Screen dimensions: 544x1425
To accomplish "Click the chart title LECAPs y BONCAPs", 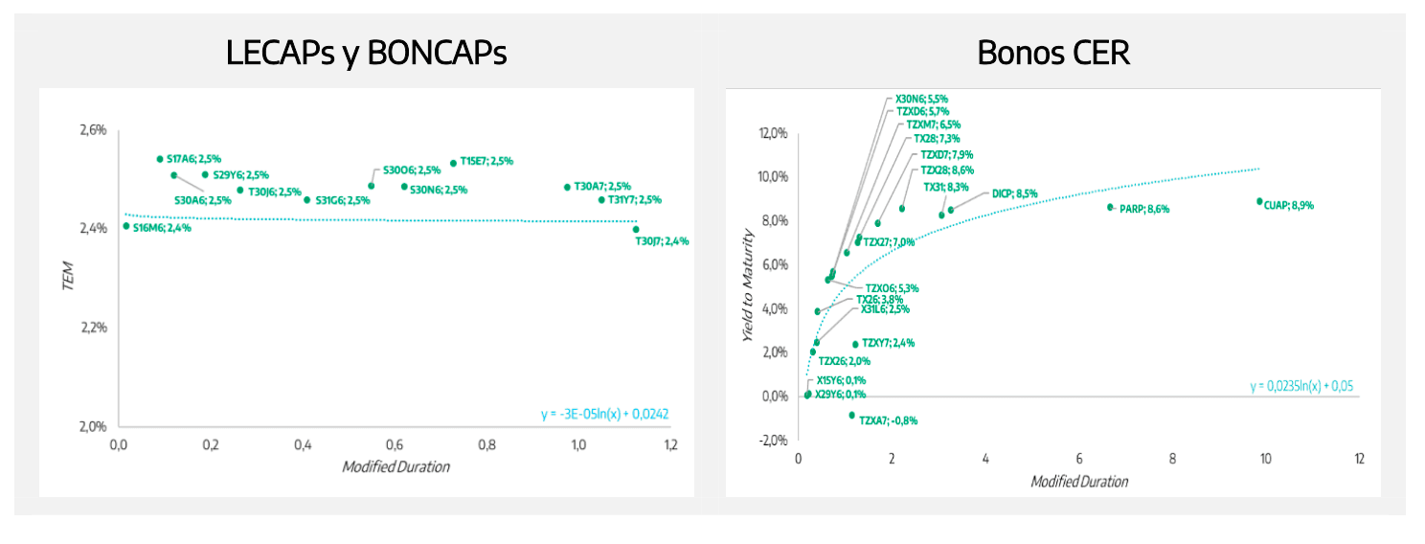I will click(x=366, y=54).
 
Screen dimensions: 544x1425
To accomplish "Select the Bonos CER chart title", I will click(x=1052, y=54).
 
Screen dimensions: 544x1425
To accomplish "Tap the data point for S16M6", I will click(x=126, y=226).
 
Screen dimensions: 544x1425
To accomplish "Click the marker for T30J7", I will click(x=636, y=229).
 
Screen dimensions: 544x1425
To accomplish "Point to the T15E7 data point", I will click(x=453, y=163).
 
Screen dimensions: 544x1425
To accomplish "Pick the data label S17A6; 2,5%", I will click(x=193, y=159).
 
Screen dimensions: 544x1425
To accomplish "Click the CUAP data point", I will click(x=1259, y=201).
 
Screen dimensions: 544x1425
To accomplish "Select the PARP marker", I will click(x=1110, y=207).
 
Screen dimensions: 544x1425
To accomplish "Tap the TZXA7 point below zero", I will click(x=851, y=415).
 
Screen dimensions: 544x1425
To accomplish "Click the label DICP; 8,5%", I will click(x=1014, y=193).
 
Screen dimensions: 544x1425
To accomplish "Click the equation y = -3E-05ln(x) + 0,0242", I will click(x=603, y=415).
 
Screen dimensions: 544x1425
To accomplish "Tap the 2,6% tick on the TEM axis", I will click(x=92, y=129).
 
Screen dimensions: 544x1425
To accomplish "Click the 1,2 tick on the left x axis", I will click(x=670, y=445).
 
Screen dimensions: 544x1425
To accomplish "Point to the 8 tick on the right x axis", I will click(x=1172, y=459).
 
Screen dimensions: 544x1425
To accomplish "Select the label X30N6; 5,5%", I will click(x=921, y=99).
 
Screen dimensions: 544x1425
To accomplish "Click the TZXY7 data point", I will click(x=855, y=345).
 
